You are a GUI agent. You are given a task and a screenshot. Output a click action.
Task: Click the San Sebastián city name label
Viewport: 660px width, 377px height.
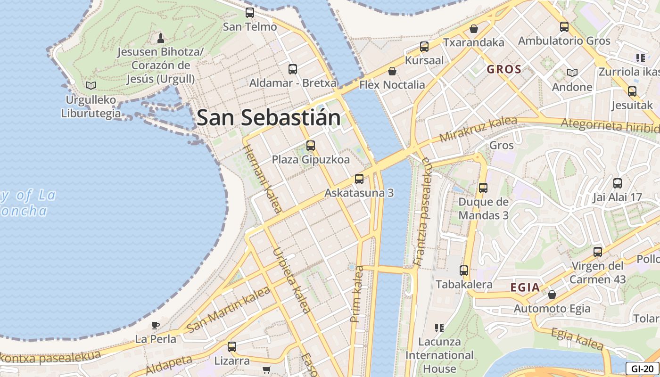click(x=268, y=117)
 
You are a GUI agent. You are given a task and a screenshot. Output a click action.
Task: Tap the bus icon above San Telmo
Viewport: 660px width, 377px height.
click(x=250, y=13)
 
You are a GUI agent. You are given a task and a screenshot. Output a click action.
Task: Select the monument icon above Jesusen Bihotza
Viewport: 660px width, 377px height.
click(x=160, y=38)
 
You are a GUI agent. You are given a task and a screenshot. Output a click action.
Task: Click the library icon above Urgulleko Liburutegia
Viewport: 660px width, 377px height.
click(x=91, y=85)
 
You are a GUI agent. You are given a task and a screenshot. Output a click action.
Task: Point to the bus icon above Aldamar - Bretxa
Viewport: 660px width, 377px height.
click(x=293, y=69)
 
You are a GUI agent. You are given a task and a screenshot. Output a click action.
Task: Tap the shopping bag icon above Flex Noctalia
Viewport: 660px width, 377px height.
click(x=392, y=71)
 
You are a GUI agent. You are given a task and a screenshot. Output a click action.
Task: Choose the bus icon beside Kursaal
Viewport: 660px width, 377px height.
click(x=424, y=47)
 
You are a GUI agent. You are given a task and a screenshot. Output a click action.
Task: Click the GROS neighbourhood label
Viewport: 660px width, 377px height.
click(x=504, y=70)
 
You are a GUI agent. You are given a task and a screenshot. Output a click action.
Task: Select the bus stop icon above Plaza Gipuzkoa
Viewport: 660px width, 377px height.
click(x=310, y=146)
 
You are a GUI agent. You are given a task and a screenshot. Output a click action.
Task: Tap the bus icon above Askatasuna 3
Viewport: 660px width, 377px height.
click(x=359, y=179)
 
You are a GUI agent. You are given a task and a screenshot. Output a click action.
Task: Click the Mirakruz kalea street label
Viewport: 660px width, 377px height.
click(x=471, y=130)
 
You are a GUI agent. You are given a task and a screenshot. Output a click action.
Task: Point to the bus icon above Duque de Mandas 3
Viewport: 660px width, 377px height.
click(x=483, y=188)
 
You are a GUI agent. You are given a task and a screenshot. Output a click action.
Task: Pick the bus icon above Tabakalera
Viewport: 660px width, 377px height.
click(x=464, y=270)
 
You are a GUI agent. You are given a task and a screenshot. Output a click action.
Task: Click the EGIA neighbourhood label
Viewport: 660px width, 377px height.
click(x=525, y=287)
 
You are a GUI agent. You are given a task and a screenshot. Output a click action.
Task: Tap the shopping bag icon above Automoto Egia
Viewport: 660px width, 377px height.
click(x=552, y=295)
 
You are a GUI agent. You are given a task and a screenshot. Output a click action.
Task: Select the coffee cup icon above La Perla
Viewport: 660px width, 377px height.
click(x=155, y=325)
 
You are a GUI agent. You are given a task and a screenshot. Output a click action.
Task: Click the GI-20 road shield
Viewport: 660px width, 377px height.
click(x=642, y=369)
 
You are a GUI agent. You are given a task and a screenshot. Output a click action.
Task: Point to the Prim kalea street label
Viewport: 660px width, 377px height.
click(x=357, y=295)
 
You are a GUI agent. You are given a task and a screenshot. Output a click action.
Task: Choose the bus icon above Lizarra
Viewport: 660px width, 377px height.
click(x=231, y=347)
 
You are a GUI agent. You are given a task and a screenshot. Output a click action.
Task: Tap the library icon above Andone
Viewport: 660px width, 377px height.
click(x=572, y=73)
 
